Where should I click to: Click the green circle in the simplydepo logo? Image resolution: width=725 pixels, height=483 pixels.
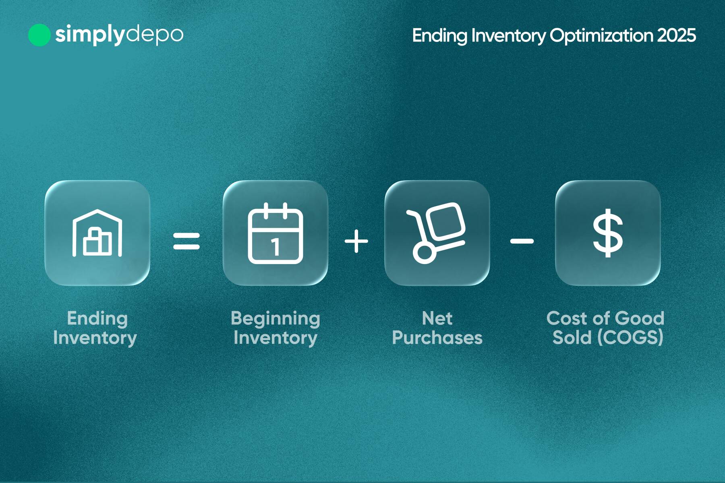pos(39,35)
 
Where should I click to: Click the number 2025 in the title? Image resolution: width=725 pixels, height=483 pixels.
pos(676,35)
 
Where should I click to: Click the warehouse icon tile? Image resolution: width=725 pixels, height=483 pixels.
pos(97,233)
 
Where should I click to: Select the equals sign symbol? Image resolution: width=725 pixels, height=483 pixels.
pos(186,241)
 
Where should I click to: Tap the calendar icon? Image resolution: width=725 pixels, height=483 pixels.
pos(275,234)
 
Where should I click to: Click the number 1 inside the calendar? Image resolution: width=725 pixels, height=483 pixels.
pos(275,247)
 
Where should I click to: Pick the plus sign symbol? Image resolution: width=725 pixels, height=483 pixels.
pos(356,241)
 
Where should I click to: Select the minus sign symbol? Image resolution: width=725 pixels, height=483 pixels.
pos(522,241)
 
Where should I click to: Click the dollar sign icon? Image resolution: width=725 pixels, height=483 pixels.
pos(607,233)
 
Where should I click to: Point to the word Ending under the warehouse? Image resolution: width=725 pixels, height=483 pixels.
pos(97,319)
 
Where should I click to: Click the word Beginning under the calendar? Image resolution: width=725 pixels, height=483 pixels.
pos(275,319)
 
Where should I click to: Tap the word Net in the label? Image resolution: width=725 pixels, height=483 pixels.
pos(437,318)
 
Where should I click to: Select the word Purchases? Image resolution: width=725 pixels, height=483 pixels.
pos(437,338)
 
